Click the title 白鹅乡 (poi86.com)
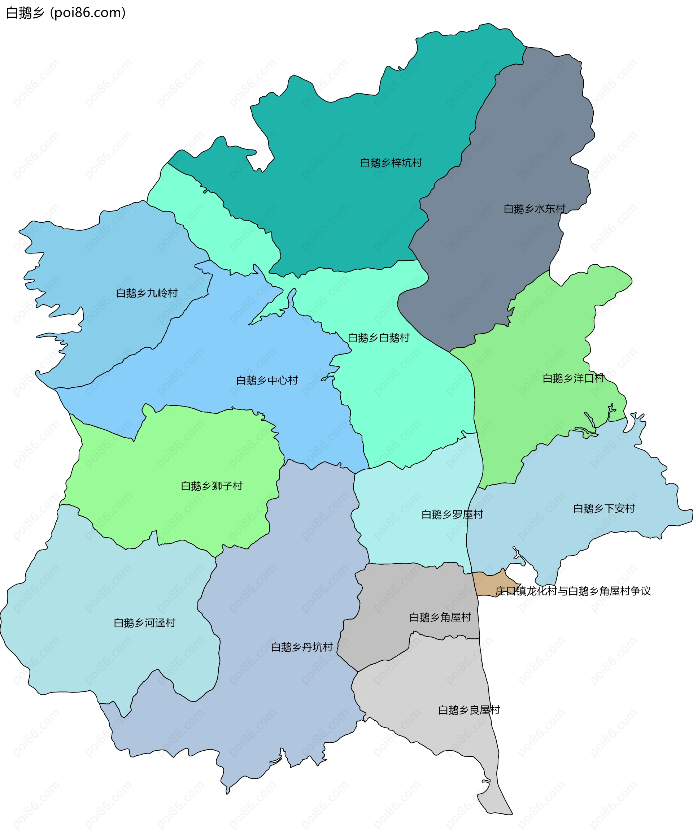(66, 13)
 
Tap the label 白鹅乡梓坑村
(391, 163)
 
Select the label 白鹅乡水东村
(534, 209)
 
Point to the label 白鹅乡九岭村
(147, 293)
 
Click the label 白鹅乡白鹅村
(378, 338)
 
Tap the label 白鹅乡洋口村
(573, 378)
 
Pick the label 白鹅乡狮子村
(212, 486)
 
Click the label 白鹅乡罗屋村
(452, 515)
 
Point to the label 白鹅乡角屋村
(440, 618)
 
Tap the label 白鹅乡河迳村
(144, 623)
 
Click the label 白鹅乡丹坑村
(302, 647)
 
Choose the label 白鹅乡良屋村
(469, 710)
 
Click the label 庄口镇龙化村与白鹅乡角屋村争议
(573, 591)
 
